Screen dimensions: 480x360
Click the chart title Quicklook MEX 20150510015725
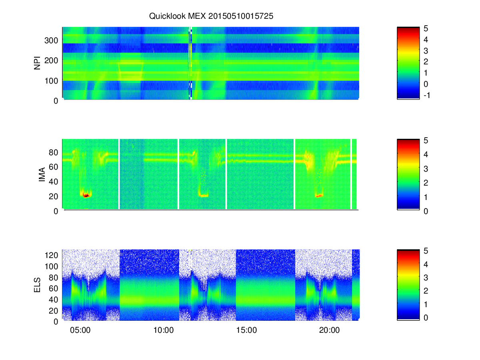click(211, 16)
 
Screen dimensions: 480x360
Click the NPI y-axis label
click(37, 63)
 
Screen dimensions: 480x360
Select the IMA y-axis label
click(42, 174)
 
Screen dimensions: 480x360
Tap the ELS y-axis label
click(37, 285)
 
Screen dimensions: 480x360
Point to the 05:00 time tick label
click(80, 330)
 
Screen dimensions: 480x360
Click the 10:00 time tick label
click(163, 330)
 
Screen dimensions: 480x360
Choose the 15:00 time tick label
click(246, 330)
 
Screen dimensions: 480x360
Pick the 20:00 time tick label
click(329, 330)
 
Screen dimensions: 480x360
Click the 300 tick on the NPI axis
click(51, 40)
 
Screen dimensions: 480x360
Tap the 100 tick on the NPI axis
click(51, 81)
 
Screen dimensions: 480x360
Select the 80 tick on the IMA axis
click(53, 152)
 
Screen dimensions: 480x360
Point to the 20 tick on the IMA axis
click(53, 196)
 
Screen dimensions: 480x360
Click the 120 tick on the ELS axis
click(51, 255)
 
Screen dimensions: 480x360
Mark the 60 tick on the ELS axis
click(53, 288)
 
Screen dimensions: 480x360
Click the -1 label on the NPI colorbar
click(427, 95)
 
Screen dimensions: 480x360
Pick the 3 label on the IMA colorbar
click(426, 169)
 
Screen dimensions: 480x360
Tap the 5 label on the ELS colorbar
click(426, 251)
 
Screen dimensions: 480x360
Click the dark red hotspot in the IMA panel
click(86, 196)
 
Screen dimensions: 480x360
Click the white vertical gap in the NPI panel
click(190, 63)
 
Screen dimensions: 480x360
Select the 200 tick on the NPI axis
click(51, 60)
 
